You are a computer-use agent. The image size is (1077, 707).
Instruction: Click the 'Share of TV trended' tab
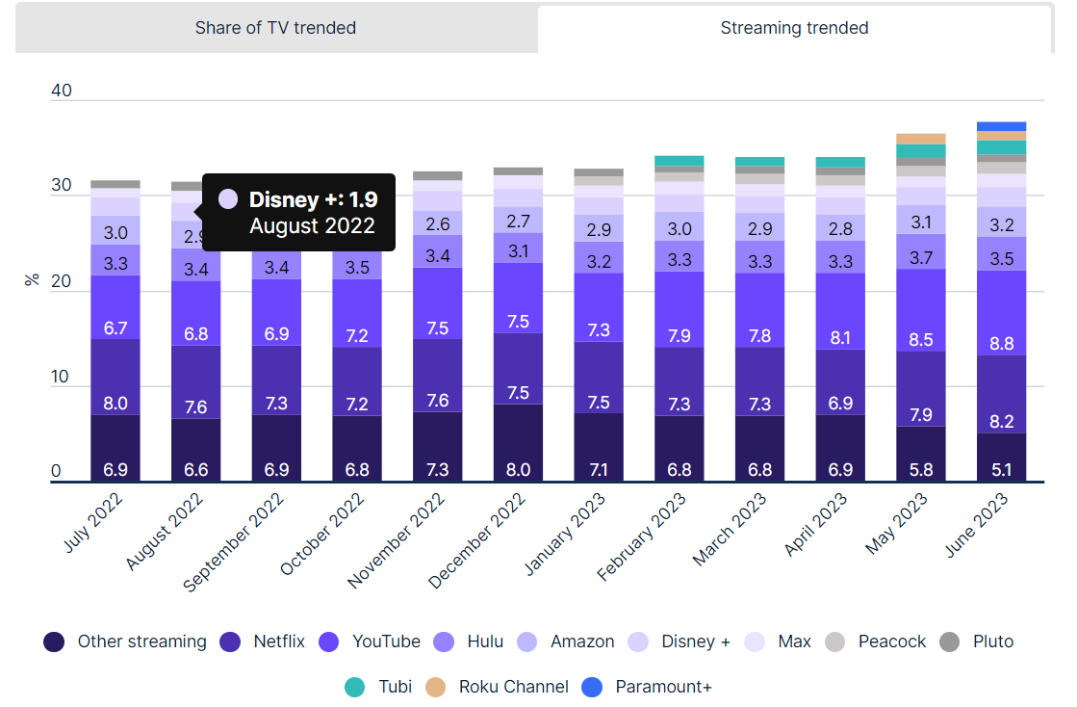275,28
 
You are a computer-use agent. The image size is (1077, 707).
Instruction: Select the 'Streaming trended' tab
794,28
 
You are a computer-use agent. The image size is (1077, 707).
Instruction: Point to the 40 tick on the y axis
62,91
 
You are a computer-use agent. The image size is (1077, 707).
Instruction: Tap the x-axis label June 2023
976,525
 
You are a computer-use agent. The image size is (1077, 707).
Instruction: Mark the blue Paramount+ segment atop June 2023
1001,126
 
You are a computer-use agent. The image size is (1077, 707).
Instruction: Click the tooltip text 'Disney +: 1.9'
313,199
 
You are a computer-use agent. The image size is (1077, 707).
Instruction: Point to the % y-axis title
32,279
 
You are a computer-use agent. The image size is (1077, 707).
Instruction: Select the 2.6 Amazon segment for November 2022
438,223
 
